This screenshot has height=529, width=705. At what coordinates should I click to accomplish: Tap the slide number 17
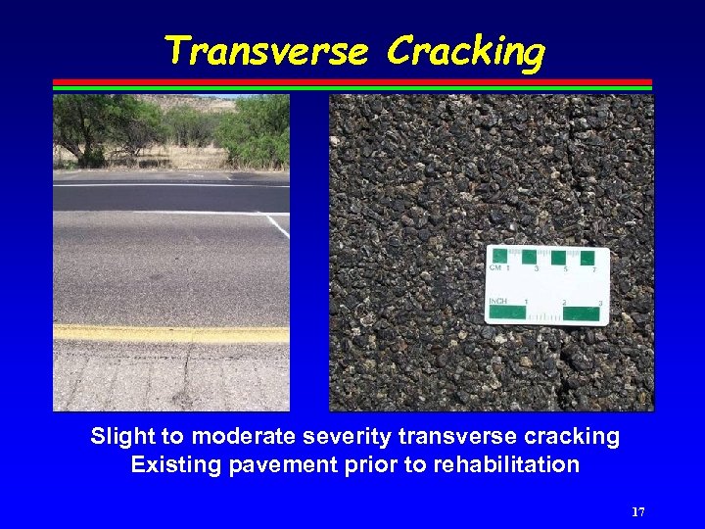[x=638, y=511]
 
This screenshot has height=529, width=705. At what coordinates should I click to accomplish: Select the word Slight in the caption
[x=120, y=436]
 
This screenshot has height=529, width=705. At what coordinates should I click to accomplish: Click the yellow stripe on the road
[x=171, y=334]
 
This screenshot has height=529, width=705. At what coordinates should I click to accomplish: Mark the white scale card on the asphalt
[x=547, y=285]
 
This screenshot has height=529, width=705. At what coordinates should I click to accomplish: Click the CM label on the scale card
[x=497, y=267]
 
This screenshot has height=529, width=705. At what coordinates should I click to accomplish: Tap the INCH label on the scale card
[x=498, y=301]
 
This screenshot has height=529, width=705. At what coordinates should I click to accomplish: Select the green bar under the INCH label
[x=507, y=313]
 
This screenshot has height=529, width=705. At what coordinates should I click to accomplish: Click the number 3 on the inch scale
[x=597, y=303]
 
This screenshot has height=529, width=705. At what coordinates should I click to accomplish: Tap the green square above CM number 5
[x=559, y=257]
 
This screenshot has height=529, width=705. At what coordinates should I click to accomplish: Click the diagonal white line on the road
[x=277, y=225]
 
